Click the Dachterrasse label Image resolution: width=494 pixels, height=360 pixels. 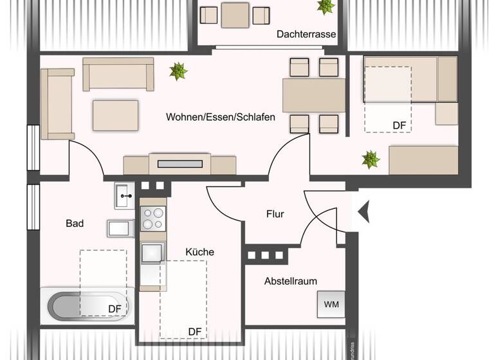click(306, 35)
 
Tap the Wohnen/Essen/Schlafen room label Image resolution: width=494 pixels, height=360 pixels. click(221, 117)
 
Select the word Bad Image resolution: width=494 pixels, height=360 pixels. click(75, 223)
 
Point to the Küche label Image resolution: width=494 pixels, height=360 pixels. click(199, 252)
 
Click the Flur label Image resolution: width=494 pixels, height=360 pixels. click(275, 214)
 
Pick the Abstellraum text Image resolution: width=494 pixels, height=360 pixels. click(290, 281)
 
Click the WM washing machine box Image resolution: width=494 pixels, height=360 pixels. click(331, 304)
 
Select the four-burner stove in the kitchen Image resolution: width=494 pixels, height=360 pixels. click(153, 219)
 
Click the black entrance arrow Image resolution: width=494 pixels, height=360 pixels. click(364, 212)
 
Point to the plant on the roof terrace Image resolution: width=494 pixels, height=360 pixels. click(325, 6)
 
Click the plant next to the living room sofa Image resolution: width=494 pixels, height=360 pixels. click(178, 71)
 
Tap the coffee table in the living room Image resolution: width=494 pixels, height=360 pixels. click(115, 116)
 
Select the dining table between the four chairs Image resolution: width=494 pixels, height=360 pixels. click(315, 95)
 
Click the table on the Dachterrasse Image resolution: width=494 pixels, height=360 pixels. click(235, 15)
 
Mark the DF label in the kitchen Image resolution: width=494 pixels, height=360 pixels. click(195, 332)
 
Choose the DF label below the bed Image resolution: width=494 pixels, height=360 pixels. click(401, 125)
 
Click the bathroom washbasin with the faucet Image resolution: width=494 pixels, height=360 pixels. click(124, 195)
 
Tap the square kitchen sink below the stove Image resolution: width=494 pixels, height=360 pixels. click(153, 253)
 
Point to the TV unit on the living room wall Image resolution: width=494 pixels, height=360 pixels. click(179, 164)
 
